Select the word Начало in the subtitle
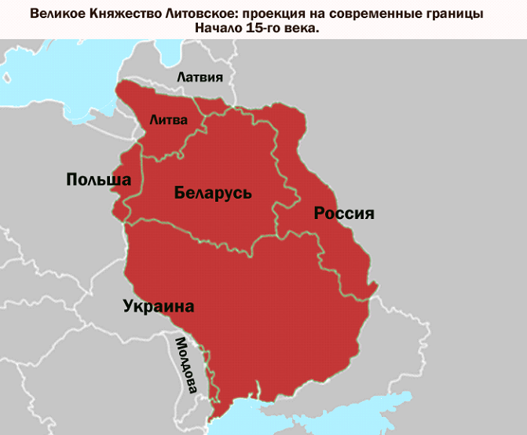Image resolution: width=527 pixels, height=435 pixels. coord(220,28)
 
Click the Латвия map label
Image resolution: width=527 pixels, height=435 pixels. coord(200,78)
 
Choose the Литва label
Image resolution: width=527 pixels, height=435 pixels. coord(169,120)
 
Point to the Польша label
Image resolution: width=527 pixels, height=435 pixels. coord(98,181)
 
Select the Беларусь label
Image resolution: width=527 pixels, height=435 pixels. coord(213,192)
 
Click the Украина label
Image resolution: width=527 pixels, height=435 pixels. coord(158,306)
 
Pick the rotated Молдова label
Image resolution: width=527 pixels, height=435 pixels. coord(185,365)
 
